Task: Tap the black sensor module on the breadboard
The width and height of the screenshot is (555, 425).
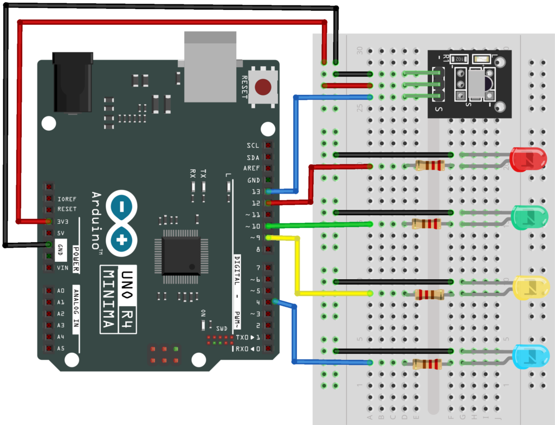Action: click(x=469, y=83)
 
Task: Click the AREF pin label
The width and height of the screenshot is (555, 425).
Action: click(x=251, y=169)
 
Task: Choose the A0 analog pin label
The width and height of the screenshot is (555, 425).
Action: click(x=61, y=291)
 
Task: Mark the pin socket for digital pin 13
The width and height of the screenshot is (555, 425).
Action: click(x=268, y=191)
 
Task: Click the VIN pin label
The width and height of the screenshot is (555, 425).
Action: click(x=63, y=268)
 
